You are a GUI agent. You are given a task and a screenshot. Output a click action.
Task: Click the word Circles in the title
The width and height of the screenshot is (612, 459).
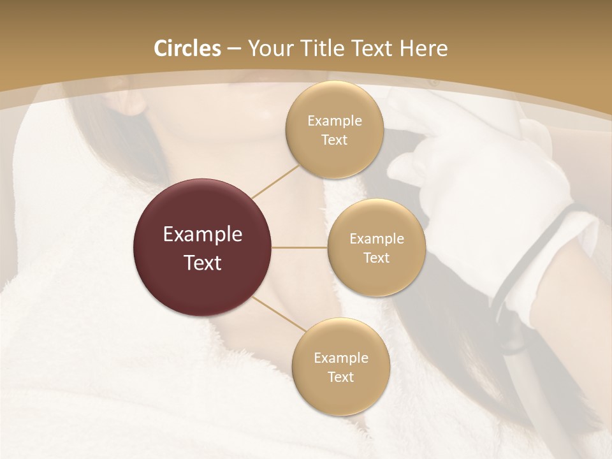187,48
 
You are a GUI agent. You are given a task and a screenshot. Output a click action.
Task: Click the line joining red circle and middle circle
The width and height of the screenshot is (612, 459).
300,247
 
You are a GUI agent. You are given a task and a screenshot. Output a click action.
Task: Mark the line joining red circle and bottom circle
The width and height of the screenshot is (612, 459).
279,314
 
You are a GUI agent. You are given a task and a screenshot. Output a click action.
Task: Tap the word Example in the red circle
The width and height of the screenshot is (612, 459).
202,235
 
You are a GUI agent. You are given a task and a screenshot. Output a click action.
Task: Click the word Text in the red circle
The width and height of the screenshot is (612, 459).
202,263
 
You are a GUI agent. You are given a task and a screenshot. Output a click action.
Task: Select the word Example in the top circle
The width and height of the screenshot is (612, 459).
334,121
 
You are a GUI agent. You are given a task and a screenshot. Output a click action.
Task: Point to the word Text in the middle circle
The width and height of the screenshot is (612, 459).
376,258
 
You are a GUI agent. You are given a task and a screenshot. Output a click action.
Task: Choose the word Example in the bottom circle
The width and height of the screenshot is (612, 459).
340,358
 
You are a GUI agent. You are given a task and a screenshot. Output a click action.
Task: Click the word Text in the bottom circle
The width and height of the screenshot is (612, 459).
340,377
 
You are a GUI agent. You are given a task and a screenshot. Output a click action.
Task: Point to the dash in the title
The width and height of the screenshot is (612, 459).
233,49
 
